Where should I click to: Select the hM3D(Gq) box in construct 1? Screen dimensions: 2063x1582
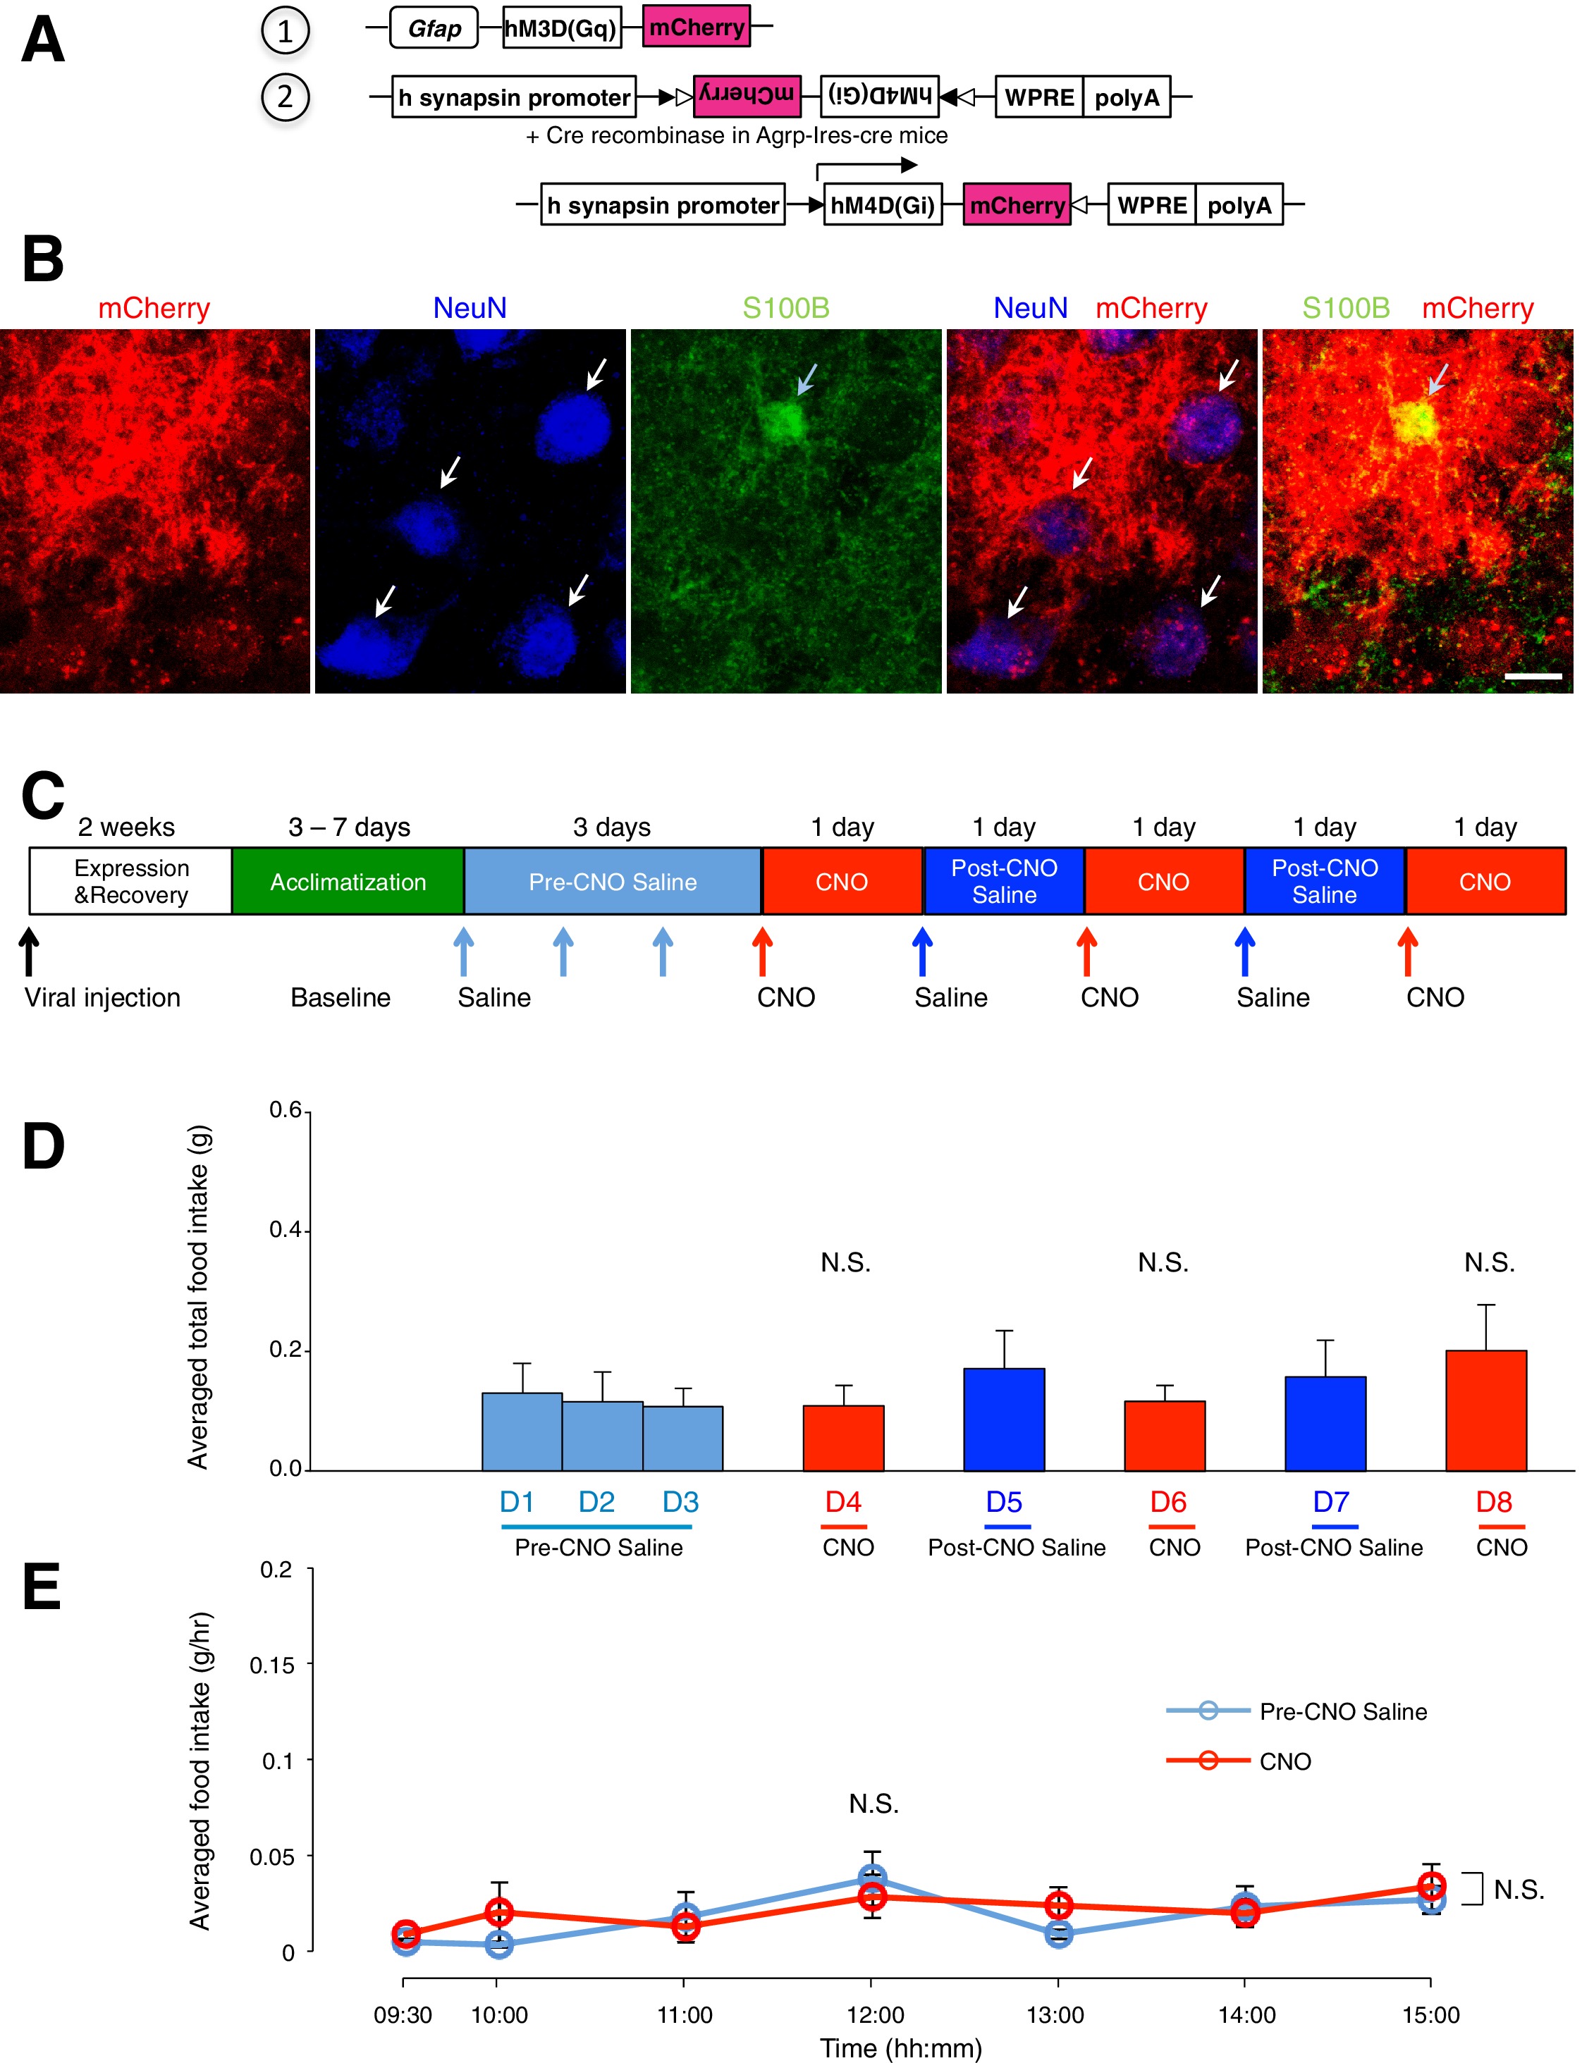click(x=561, y=28)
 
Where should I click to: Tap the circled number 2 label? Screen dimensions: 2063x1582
click(x=284, y=97)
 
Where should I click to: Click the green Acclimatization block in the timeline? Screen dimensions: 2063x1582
click(x=348, y=881)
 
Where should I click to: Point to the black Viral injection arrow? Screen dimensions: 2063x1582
click(x=29, y=951)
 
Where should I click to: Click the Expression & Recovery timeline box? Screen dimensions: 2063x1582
click(x=131, y=881)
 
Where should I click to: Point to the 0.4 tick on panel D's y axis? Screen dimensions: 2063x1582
click(x=286, y=1230)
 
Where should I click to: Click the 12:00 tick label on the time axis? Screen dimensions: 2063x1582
click(x=875, y=2015)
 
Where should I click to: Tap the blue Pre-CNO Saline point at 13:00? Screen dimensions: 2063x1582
click(x=1058, y=1934)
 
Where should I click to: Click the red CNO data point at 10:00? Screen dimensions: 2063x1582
click(x=499, y=1911)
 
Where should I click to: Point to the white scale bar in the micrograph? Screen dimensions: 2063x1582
click(x=1533, y=676)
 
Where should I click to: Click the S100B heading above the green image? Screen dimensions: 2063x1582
click(x=785, y=308)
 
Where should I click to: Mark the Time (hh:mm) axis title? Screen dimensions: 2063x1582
click(x=900, y=2049)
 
